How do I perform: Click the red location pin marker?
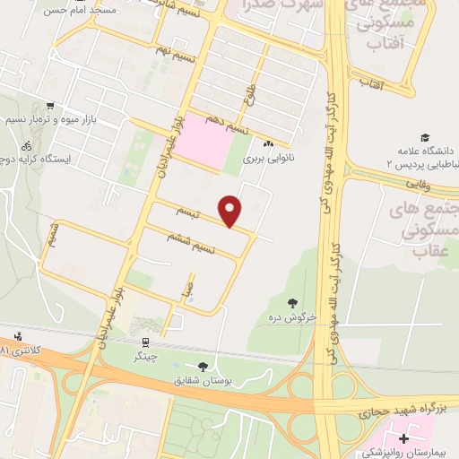coord(231,211)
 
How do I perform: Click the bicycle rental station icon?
coord(27,143)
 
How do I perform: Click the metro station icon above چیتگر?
coord(144,341)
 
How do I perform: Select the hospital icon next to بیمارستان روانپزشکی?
coord(403,439)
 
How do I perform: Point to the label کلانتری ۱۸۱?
coord(18,348)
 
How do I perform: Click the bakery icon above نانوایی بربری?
coord(268,143)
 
